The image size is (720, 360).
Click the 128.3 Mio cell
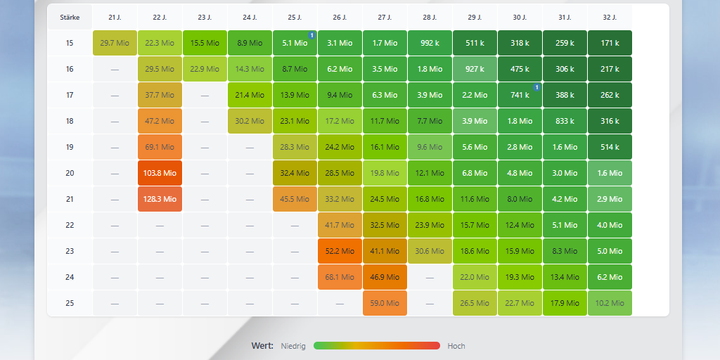tap(160, 199)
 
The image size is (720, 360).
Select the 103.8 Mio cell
tap(160, 173)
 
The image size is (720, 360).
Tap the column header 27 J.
tap(385, 17)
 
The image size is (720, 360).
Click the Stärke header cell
tap(70, 17)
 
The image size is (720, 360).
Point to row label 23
tap(70, 251)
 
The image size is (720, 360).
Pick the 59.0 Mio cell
tap(385, 303)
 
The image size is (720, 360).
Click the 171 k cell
tap(610, 43)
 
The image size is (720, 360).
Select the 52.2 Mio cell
tap(340, 251)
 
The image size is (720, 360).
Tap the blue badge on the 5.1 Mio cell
tap(311, 35)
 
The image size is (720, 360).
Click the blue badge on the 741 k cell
tap(536, 87)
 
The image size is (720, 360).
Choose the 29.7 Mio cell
tap(115, 43)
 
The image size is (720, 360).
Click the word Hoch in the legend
tap(456, 346)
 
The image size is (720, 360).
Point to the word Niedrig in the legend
tap(293, 346)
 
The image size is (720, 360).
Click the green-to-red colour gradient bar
tap(377, 346)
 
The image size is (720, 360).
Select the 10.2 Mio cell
tap(610, 303)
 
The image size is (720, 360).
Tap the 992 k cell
tap(430, 43)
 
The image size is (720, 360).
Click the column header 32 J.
tap(610, 17)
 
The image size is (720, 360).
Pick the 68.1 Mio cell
tap(340, 277)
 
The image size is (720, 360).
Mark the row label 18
tap(70, 121)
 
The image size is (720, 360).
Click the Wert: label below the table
tap(262, 346)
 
